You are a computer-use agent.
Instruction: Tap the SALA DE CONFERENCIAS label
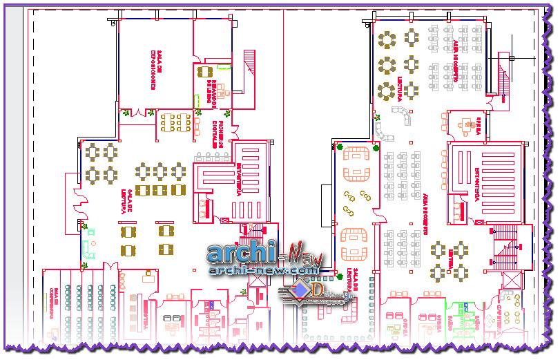(x=52, y=299)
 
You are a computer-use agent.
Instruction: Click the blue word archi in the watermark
(x=241, y=254)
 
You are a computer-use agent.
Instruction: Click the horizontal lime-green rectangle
(x=222, y=68)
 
